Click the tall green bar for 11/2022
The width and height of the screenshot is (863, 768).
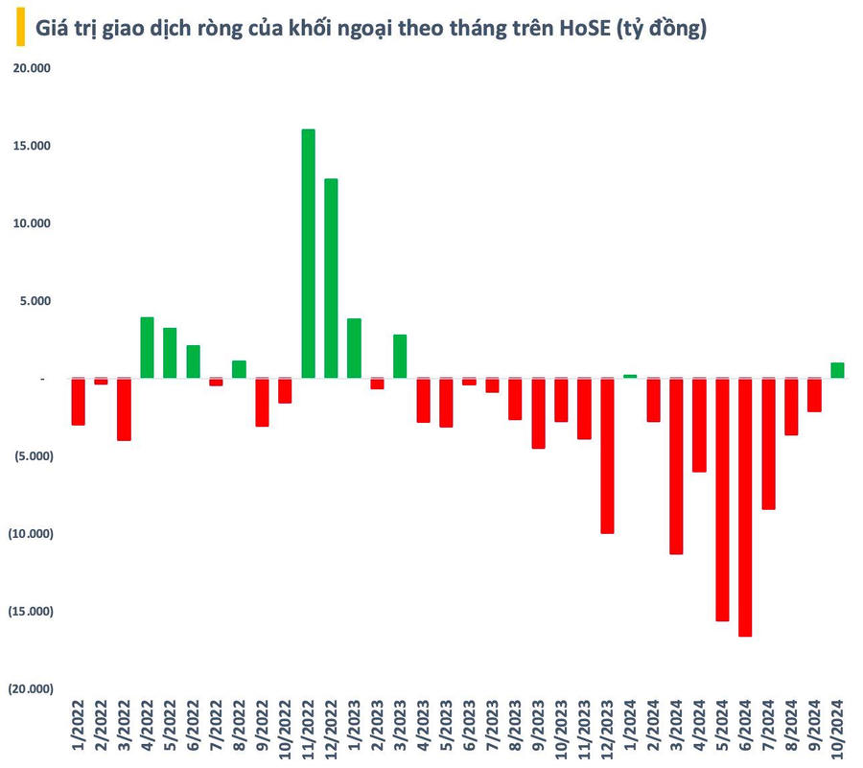click(308, 254)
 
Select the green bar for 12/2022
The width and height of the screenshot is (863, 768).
click(331, 278)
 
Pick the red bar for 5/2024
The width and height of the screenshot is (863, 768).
click(722, 499)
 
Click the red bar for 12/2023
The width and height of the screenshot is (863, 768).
click(607, 455)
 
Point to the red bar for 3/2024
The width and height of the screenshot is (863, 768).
click(676, 466)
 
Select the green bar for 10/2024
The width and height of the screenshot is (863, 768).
click(837, 370)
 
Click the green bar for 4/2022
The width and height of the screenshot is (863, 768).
click(147, 347)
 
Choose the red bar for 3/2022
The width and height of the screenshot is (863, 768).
click(124, 409)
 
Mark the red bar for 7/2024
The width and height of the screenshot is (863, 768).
click(768, 443)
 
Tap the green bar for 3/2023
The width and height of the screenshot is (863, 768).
click(400, 356)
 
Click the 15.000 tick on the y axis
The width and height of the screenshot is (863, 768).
click(32, 146)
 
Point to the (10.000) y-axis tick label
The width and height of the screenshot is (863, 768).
click(30, 534)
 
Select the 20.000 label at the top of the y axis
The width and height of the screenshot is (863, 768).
click(32, 68)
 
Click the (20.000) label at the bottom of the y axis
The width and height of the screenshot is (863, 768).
click(30, 689)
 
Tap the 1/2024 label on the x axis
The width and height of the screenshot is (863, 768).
click(631, 729)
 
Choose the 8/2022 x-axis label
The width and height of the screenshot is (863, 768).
click(239, 729)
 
